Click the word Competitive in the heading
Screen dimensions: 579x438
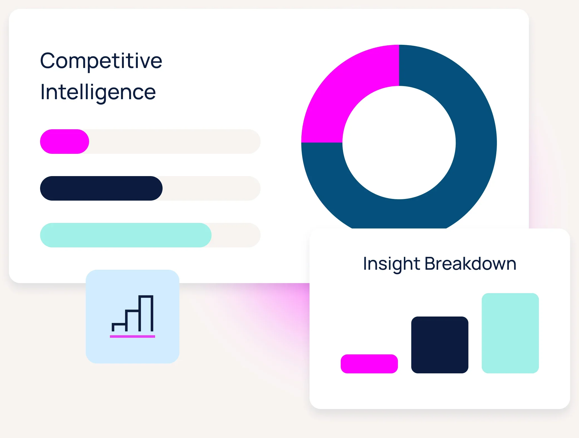click(101, 61)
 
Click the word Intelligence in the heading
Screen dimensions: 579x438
click(98, 92)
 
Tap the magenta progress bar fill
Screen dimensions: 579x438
click(65, 142)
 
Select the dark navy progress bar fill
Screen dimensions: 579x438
click(101, 188)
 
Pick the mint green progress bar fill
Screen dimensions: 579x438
click(126, 235)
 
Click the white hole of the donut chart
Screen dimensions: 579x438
click(399, 143)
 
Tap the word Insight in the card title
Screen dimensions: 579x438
click(391, 264)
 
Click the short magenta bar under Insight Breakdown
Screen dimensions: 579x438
click(369, 364)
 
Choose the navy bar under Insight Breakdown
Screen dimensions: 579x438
click(440, 345)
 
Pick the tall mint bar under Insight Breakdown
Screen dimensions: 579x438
click(510, 333)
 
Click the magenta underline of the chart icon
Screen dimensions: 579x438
click(133, 337)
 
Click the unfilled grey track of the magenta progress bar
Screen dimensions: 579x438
click(175, 142)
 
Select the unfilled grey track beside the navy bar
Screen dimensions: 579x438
click(212, 188)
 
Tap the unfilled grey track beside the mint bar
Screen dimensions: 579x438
click(236, 235)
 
